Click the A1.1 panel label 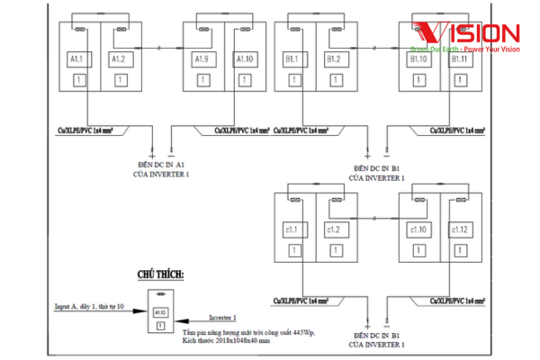pyautogui.click(x=76, y=59)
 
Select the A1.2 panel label pyautogui.click(x=118, y=59)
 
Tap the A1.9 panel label pyautogui.click(x=202, y=59)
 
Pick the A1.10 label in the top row pyautogui.click(x=244, y=59)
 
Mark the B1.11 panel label pyautogui.click(x=459, y=59)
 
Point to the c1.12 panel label pyautogui.click(x=459, y=229)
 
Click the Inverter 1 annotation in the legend pyautogui.click(x=223, y=318)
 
